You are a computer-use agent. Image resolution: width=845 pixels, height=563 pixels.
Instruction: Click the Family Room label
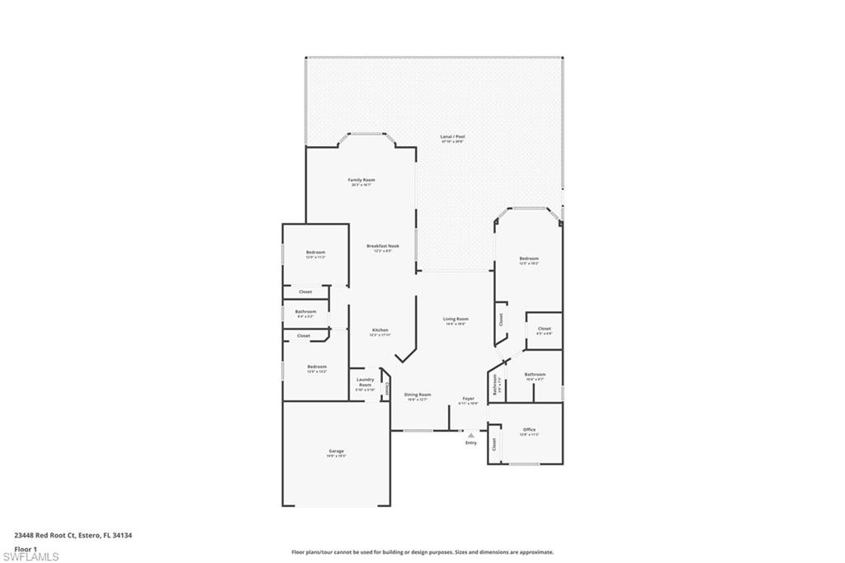click(x=361, y=180)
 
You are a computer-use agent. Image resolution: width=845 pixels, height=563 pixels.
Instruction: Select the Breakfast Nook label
click(x=379, y=246)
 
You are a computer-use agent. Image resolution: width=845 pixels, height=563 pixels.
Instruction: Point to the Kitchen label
click(x=379, y=330)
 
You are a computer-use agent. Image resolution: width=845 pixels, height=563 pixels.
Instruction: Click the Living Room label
click(x=456, y=319)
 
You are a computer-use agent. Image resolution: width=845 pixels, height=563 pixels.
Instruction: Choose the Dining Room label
click(x=418, y=395)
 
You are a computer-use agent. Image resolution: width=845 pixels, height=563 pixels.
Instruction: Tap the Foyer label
click(x=468, y=399)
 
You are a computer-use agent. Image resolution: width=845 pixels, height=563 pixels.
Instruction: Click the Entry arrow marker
click(x=471, y=434)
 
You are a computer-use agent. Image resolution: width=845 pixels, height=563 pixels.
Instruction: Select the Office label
click(x=530, y=430)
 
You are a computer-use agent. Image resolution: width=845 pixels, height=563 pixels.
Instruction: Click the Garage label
click(x=336, y=452)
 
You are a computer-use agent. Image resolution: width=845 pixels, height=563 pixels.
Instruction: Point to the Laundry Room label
click(x=365, y=383)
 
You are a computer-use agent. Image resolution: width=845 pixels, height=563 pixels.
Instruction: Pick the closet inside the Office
click(x=494, y=444)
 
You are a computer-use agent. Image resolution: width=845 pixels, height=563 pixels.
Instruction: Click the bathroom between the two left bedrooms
click(x=305, y=312)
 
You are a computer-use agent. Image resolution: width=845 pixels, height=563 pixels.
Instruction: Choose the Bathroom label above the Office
click(x=535, y=375)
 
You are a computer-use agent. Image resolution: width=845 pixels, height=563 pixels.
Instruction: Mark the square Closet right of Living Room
click(x=544, y=329)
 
